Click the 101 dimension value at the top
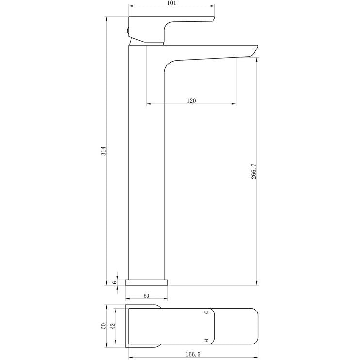(x=171, y=3)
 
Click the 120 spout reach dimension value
(x=191, y=100)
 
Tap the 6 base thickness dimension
(x=115, y=282)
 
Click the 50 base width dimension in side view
(x=147, y=295)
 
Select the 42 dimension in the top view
(x=113, y=326)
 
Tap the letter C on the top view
(x=206, y=312)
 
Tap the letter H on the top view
(x=206, y=341)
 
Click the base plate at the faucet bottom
(x=147, y=282)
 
